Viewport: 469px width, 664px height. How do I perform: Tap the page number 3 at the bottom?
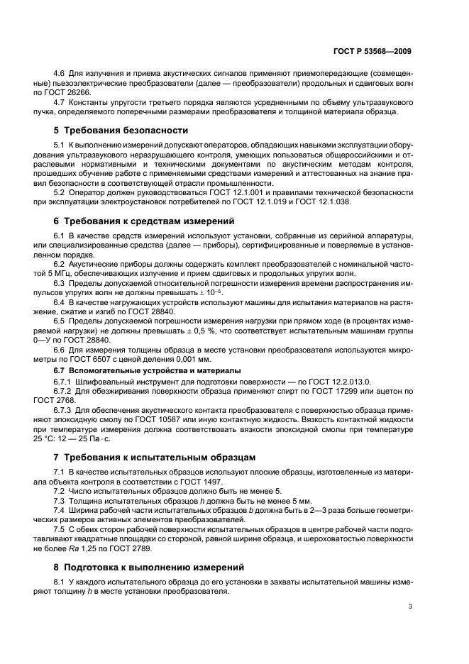click(x=410, y=606)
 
